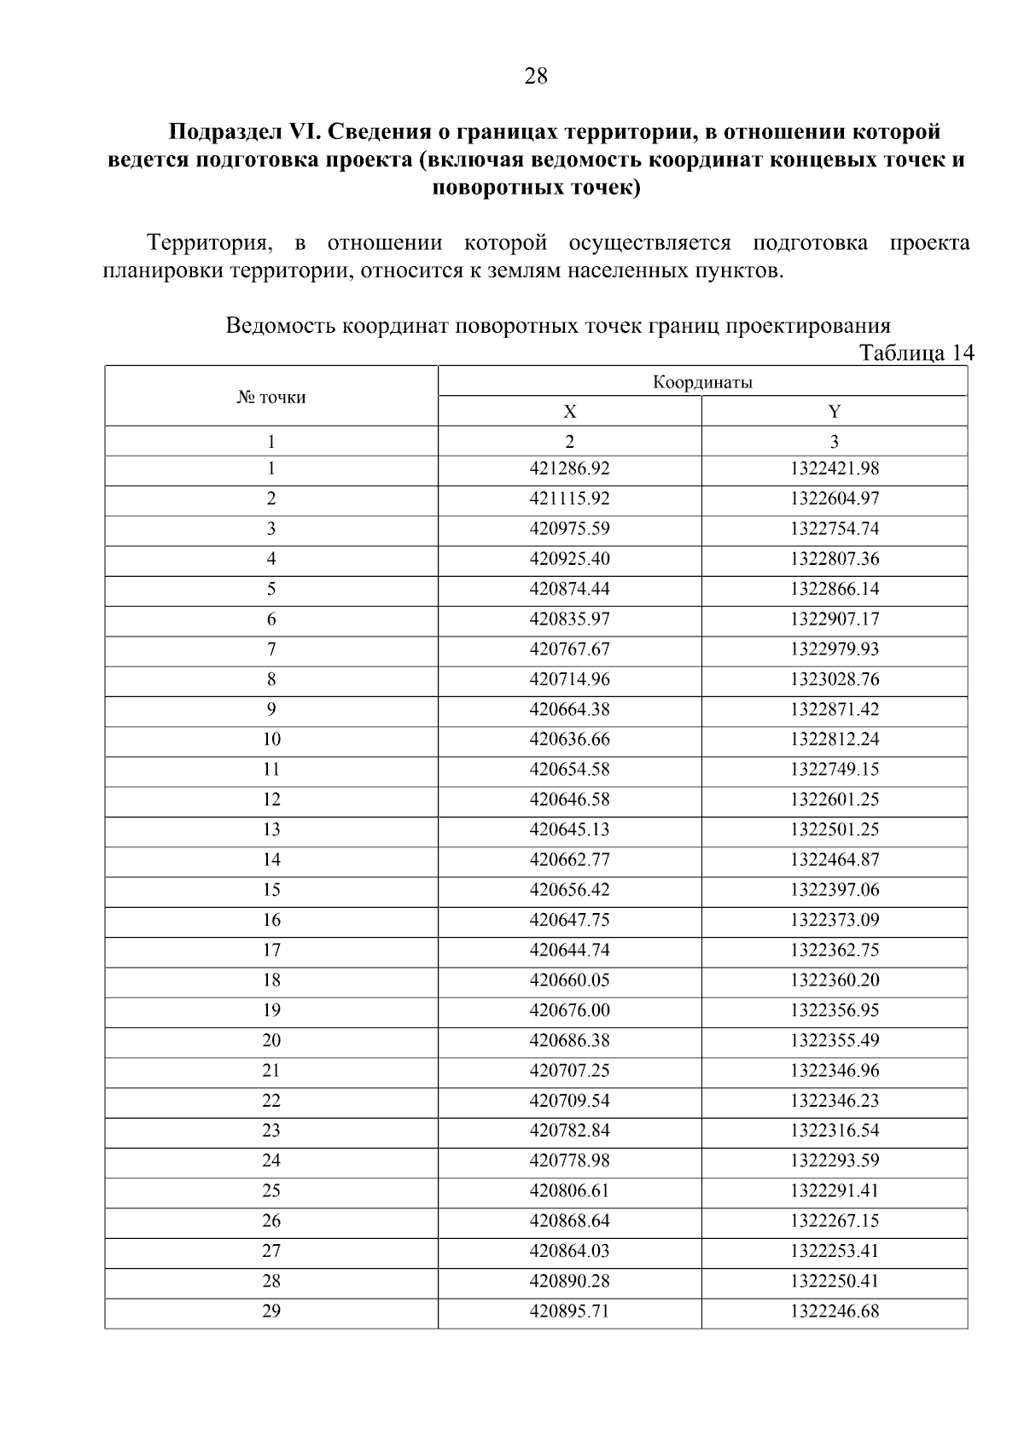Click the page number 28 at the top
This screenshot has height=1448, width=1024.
click(535, 77)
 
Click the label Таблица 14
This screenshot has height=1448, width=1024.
click(916, 353)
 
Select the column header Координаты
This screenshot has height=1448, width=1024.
click(702, 382)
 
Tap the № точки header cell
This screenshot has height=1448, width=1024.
click(271, 397)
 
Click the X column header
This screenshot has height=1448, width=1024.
click(569, 412)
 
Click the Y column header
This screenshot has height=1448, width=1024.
click(834, 412)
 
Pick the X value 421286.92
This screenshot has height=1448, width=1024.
click(569, 468)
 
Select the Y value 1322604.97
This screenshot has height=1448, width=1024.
click(834, 498)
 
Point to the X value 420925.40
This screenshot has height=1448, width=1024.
click(569, 559)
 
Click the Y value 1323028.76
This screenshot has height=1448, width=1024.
click(834, 679)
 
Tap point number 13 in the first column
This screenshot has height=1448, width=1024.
click(271, 829)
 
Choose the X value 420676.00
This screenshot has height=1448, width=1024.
click(569, 1010)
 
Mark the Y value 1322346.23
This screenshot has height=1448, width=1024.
click(834, 1101)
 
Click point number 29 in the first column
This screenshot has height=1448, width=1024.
click(271, 1311)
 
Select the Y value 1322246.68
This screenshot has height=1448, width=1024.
click(834, 1311)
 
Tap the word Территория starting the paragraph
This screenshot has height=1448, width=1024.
click(210, 243)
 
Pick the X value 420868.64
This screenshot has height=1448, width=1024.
click(569, 1221)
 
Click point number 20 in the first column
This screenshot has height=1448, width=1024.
click(271, 1040)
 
